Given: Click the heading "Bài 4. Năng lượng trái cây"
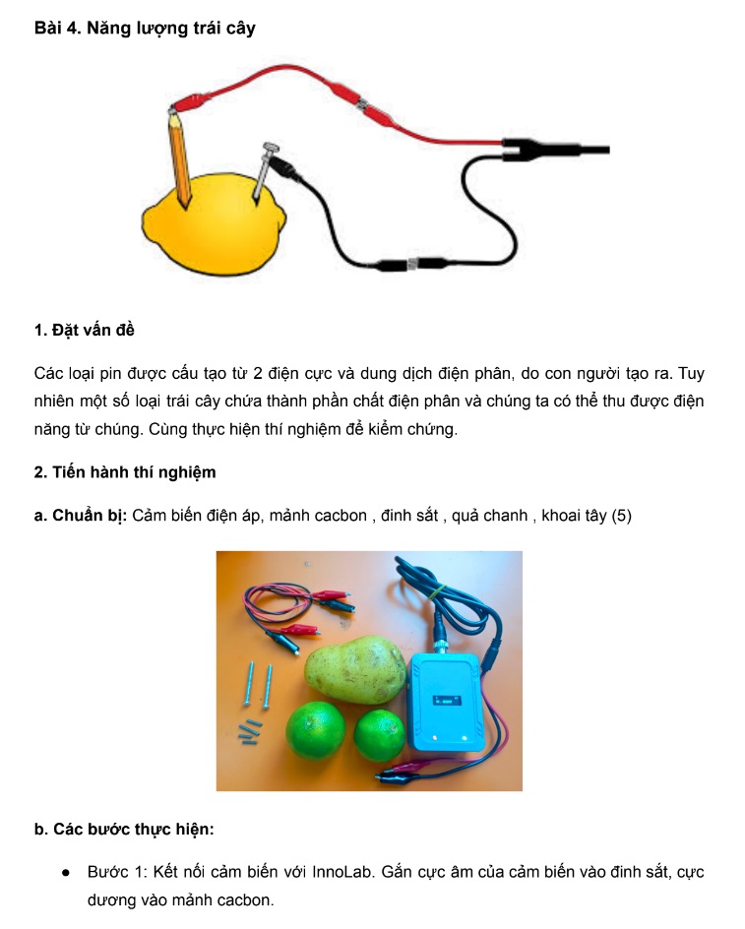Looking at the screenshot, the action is click(x=145, y=29).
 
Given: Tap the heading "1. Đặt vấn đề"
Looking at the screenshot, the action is click(x=85, y=330).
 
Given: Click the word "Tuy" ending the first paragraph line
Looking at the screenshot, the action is click(x=691, y=374).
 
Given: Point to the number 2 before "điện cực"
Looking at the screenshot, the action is click(x=257, y=374).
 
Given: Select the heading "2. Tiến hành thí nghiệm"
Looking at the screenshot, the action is click(x=125, y=472).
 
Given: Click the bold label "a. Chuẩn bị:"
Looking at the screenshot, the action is click(x=81, y=516).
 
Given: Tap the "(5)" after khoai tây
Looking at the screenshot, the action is click(x=621, y=516).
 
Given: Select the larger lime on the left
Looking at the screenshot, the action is click(x=315, y=731).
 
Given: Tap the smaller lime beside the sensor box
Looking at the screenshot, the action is click(x=380, y=735).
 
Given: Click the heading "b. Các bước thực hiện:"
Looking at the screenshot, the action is click(x=124, y=829).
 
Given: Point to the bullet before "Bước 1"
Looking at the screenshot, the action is click(x=66, y=873).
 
